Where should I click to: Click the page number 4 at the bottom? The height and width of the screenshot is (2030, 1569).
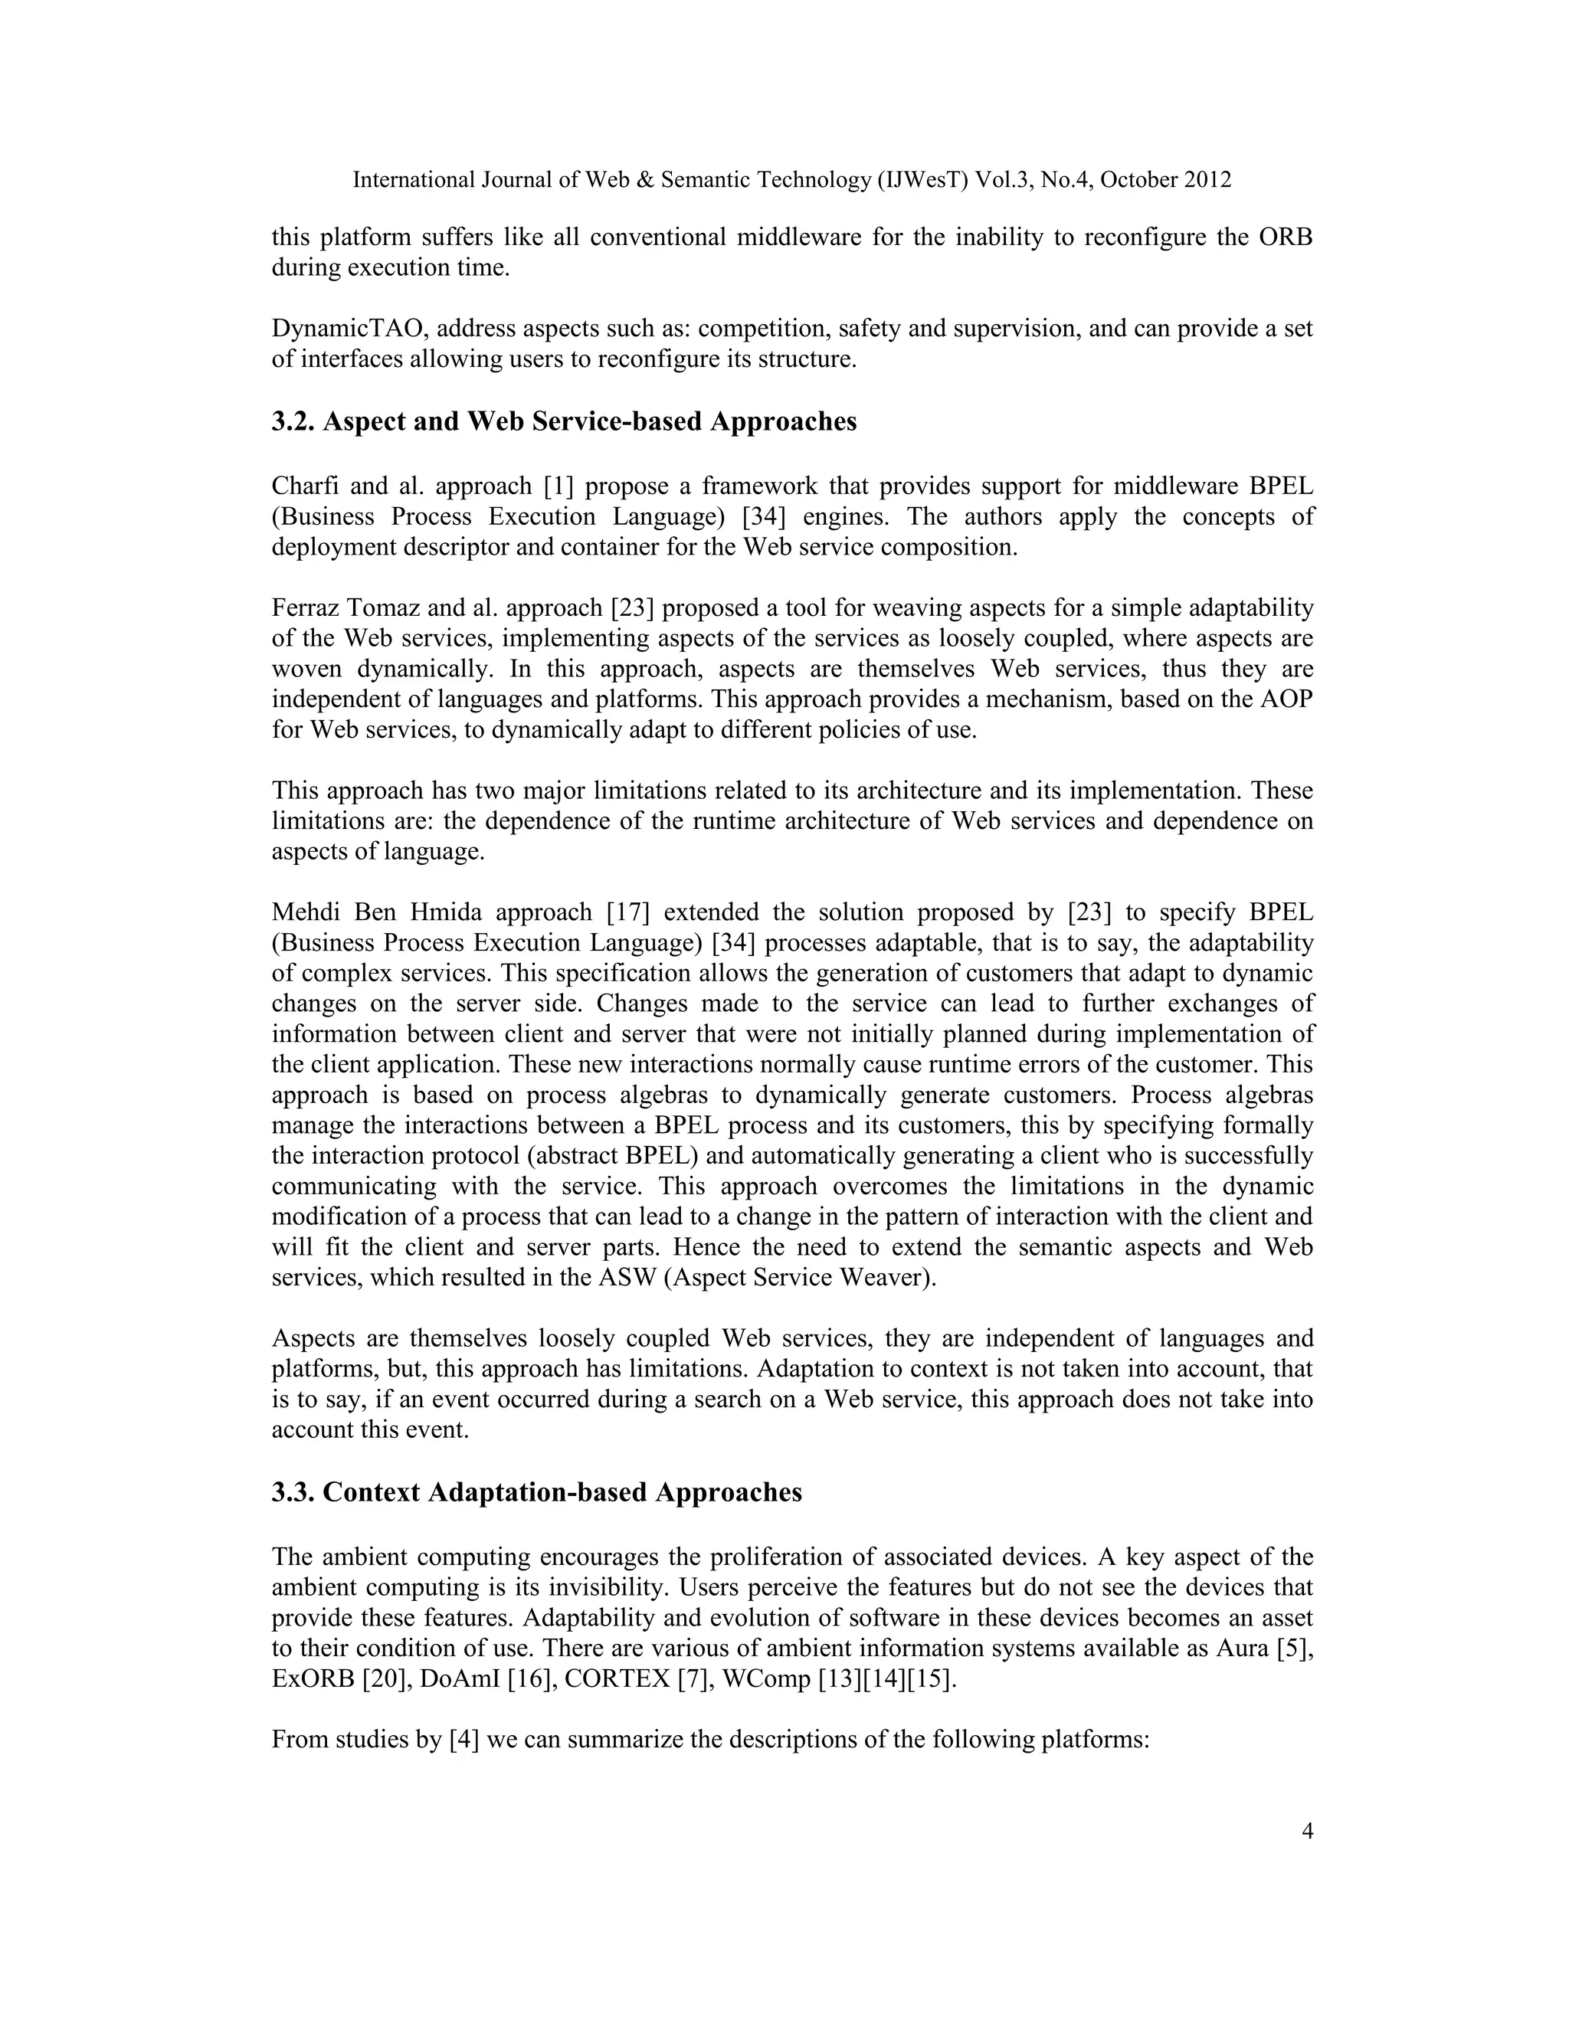click(1307, 1831)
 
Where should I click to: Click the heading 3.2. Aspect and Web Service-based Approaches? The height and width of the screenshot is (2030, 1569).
click(563, 421)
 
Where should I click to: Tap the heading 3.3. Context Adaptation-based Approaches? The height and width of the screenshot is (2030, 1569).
click(536, 1491)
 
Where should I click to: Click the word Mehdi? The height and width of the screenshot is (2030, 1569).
click(303, 913)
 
